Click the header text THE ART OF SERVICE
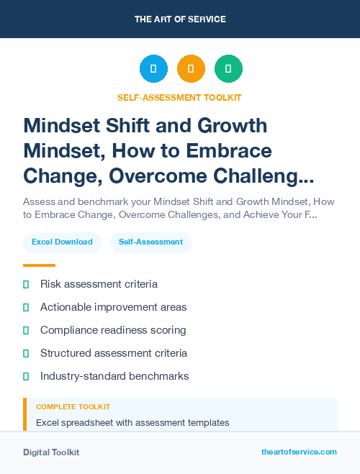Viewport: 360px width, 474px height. (180, 19)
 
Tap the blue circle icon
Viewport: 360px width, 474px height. (153, 69)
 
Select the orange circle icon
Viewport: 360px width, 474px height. (191, 69)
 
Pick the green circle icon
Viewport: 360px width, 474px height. (228, 69)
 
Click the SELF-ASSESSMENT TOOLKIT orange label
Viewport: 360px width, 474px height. (180, 97)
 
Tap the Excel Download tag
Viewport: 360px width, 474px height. (62, 242)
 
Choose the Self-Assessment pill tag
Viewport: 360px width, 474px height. (150, 242)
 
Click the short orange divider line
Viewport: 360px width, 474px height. (39, 265)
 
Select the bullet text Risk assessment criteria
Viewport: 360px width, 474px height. (99, 285)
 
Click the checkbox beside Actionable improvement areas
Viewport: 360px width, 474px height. (26, 308)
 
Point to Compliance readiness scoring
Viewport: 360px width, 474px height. (113, 330)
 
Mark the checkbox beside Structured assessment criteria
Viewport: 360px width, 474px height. (26, 353)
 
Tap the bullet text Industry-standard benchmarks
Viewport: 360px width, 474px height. (114, 376)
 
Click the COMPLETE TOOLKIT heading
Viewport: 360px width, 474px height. (73, 407)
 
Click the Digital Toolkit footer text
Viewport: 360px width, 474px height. (51, 452)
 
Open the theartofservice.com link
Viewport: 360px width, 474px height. (299, 452)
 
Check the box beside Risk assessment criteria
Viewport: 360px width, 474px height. (26, 285)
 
